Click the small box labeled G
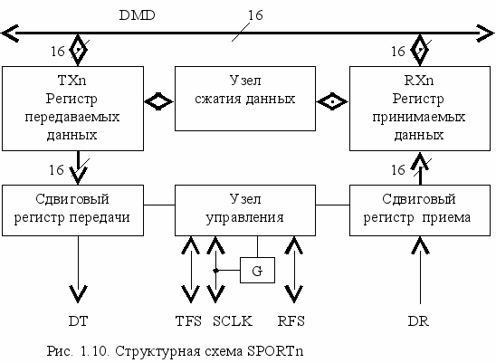click(x=257, y=270)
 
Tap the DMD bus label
click(x=137, y=15)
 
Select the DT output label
click(x=78, y=321)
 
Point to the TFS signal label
click(x=188, y=321)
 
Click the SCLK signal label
click(x=233, y=321)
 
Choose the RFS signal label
click(x=291, y=321)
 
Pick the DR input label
click(x=418, y=321)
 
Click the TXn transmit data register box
click(x=72, y=109)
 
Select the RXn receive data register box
click(x=420, y=109)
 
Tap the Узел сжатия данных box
click(x=245, y=99)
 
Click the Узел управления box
click(x=245, y=210)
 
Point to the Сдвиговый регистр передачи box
click(x=72, y=210)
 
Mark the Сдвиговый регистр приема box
click(x=420, y=210)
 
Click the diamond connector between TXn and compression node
click(x=158, y=101)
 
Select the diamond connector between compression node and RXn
click(x=332, y=101)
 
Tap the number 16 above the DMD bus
click(x=255, y=15)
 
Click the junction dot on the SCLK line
click(x=215, y=271)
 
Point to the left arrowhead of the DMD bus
click(x=10, y=33)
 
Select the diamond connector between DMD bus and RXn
click(x=420, y=50)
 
